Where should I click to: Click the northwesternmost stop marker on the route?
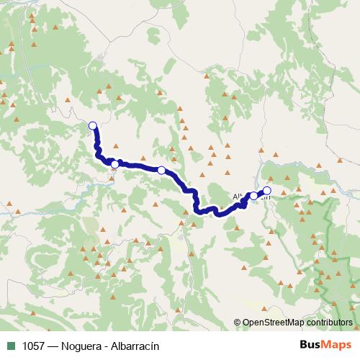92,126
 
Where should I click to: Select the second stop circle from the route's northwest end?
114,165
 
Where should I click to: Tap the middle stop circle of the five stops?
162,171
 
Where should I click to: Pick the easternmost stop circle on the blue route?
267,191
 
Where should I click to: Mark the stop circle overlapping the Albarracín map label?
253,195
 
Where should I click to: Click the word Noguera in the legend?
83,346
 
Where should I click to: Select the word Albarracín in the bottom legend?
135,346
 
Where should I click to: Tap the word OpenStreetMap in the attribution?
274,323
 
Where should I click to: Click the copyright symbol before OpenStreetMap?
238,323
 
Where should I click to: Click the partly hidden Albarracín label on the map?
239,196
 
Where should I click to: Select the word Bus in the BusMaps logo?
312,346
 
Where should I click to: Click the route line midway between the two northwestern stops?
99,151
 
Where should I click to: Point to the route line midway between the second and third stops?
138,167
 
